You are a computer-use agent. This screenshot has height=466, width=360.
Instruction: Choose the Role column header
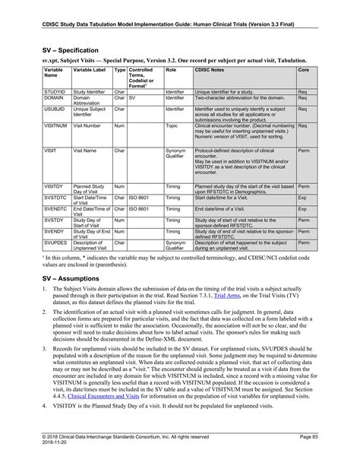[171, 69]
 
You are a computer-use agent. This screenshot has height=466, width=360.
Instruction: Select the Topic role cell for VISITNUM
[172, 125]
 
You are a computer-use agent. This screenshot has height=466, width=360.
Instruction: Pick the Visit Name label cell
[84, 151]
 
